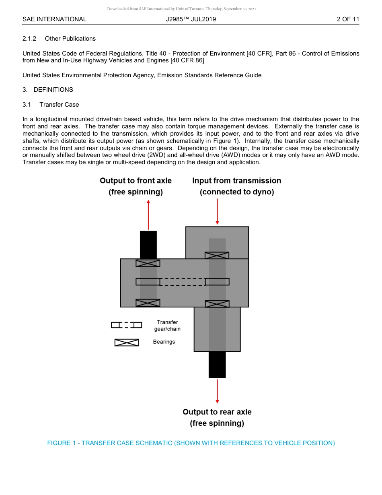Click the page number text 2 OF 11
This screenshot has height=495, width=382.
(348, 19)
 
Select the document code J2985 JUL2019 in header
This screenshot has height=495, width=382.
(191, 19)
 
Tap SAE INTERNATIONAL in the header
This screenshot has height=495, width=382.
(54, 19)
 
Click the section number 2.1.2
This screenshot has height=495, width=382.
(29, 39)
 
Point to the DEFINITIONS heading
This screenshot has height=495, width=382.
(53, 90)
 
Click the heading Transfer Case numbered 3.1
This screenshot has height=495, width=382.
(59, 105)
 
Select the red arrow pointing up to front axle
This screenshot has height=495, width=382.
(148, 215)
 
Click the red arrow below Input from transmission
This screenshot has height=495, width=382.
(217, 211)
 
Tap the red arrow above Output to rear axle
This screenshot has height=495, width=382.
(217, 390)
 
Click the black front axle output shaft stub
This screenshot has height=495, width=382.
(148, 245)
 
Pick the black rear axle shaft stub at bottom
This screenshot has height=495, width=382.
(217, 365)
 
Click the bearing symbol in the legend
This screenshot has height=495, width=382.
(127, 342)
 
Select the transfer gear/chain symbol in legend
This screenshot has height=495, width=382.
(127, 325)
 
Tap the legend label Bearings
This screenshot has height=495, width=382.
(164, 342)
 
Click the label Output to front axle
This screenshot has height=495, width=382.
(136, 181)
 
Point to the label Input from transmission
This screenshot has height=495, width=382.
(236, 181)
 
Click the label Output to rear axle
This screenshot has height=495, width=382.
(217, 412)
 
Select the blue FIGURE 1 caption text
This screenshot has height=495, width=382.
(191, 443)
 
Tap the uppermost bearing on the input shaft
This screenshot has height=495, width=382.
(217, 256)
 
